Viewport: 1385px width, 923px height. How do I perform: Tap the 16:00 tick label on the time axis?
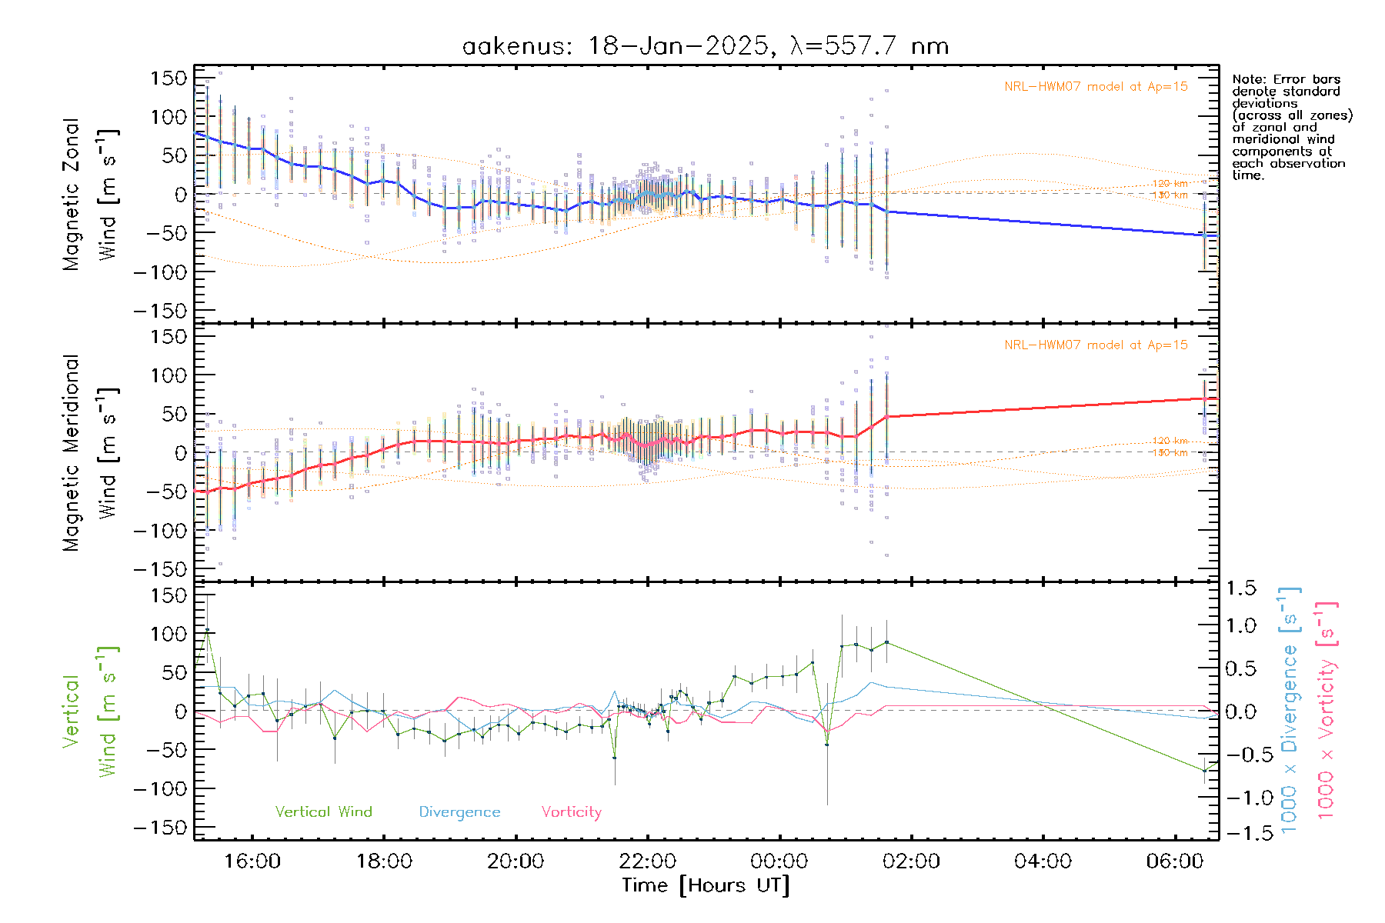click(x=252, y=861)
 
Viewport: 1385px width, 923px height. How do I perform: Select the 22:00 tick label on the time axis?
click(x=648, y=861)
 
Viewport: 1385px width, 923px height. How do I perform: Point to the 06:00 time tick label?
click(x=1175, y=861)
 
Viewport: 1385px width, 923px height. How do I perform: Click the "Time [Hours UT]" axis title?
click(x=706, y=885)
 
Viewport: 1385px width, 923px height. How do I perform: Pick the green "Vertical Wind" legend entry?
click(x=323, y=811)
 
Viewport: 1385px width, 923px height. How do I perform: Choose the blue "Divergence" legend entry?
click(x=459, y=811)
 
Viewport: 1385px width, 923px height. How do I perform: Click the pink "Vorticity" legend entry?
click(x=571, y=811)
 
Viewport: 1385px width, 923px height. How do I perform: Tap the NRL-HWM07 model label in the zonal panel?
click(x=1096, y=87)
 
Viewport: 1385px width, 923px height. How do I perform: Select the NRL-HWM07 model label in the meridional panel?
click(x=1096, y=345)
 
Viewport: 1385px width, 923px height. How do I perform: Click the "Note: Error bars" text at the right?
click(x=1287, y=79)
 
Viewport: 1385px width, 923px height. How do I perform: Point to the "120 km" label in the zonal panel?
click(x=1170, y=184)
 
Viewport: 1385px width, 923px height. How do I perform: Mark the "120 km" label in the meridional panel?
click(x=1170, y=441)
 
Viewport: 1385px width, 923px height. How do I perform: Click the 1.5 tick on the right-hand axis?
click(x=1240, y=588)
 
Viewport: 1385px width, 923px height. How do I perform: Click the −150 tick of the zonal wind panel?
click(x=159, y=311)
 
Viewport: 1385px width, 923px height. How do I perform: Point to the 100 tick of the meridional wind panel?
click(x=169, y=375)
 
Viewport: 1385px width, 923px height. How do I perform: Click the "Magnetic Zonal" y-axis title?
click(x=72, y=194)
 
